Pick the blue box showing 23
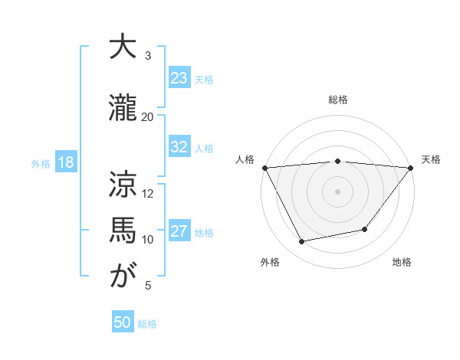coord(179,78)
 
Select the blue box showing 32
coord(179,147)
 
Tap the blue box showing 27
coord(179,231)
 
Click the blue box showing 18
coord(65,162)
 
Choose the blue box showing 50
coord(123,322)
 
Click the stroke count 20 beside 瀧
coord(148,116)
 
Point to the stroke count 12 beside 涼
coord(148,193)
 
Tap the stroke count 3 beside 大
coord(148,56)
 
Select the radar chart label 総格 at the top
coord(338,100)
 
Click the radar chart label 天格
coord(432,159)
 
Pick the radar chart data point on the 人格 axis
coord(264,168)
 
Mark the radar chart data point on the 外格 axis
coord(302,242)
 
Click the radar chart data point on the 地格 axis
coord(365,229)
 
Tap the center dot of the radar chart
coord(338,191)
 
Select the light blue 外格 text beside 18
coord(41,163)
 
